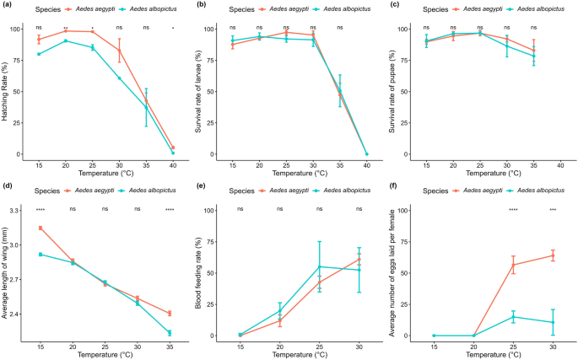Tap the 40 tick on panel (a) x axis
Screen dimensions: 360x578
point(174,164)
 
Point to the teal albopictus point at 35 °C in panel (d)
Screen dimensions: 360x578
point(170,333)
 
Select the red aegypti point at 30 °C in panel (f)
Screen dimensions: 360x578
point(553,255)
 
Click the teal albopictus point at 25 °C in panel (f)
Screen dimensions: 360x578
point(513,317)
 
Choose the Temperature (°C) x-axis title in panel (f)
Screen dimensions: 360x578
point(493,355)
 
